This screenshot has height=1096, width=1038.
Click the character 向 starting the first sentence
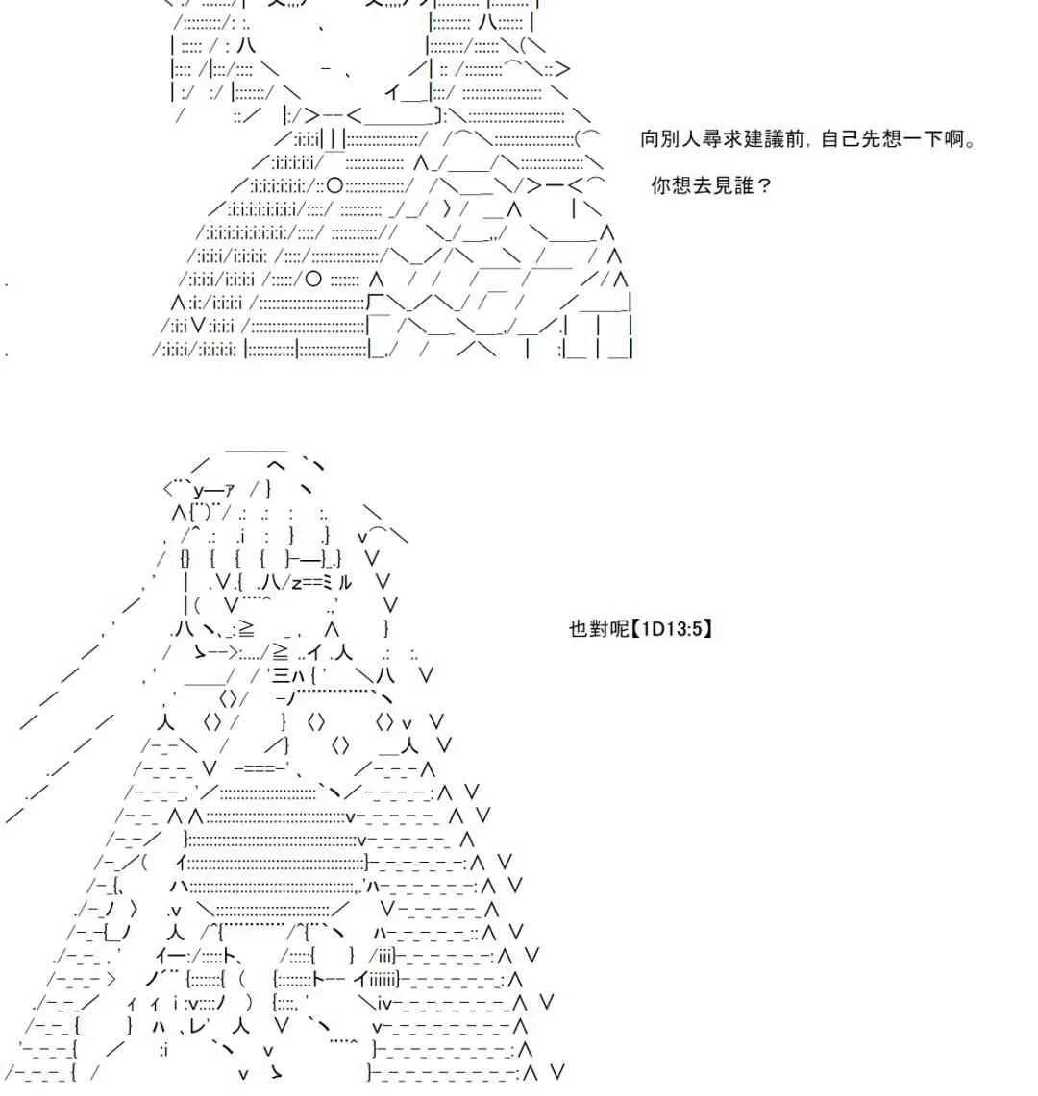(650, 139)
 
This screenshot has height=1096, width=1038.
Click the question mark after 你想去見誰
(764, 186)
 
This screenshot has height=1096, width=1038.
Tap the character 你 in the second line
(661, 186)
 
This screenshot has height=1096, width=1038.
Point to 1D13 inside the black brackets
(661, 629)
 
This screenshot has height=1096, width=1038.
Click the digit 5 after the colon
(697, 629)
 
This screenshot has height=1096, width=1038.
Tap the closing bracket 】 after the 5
(707, 629)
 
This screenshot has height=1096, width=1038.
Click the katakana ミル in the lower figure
(338, 582)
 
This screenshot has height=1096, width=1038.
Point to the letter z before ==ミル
(296, 584)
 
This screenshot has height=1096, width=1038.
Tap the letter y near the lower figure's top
(198, 491)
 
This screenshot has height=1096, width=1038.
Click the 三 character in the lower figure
(282, 675)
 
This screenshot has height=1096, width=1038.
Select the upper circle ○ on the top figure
(335, 185)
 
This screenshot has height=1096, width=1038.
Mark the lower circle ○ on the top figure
(313, 280)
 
